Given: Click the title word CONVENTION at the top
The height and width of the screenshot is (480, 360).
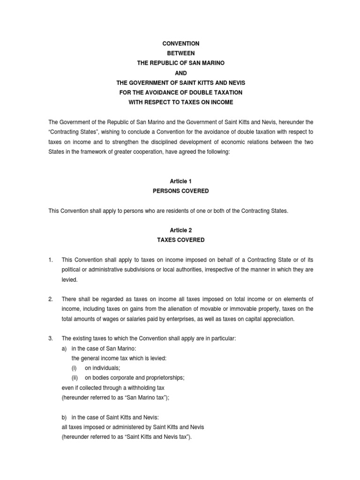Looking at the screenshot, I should pyautogui.click(x=180, y=44).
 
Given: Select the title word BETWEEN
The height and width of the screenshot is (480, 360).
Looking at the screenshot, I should pyautogui.click(x=180, y=53).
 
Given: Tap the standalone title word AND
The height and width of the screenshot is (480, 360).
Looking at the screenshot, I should pyautogui.click(x=180, y=73).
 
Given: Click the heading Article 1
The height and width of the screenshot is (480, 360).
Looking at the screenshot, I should pyautogui.click(x=180, y=181).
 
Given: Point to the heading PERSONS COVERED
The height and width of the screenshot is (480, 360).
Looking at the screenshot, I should pyautogui.click(x=180, y=191).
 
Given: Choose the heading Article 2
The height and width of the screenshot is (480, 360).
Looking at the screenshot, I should pyautogui.click(x=180, y=230).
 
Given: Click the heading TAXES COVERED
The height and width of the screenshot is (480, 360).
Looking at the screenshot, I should pyautogui.click(x=180, y=240).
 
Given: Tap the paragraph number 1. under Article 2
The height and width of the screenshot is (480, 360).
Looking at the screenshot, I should pyautogui.click(x=52, y=260).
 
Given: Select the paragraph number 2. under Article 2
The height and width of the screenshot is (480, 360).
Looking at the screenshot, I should pyautogui.click(x=52, y=299).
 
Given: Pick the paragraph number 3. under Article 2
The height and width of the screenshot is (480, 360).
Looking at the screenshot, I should pyautogui.click(x=52, y=338).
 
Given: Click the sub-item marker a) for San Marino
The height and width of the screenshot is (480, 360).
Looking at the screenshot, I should pyautogui.click(x=65, y=348).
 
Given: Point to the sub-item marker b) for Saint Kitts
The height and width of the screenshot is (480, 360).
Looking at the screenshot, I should pyautogui.click(x=65, y=417).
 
